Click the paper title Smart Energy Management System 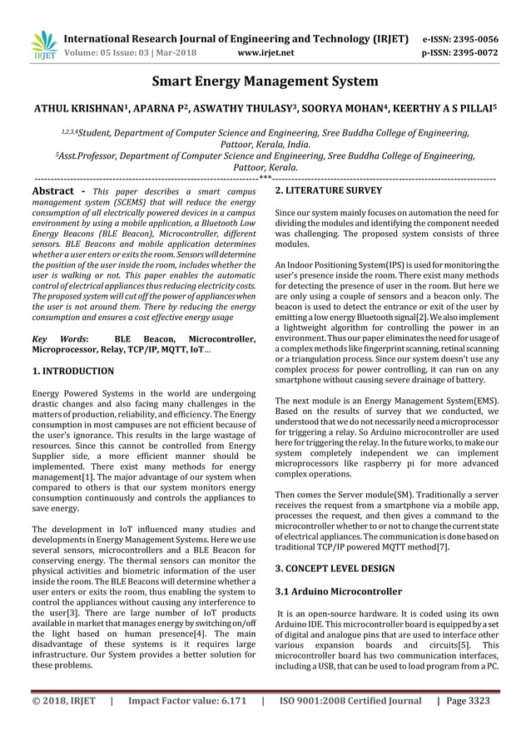click(x=265, y=81)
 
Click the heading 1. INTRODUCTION click(x=72, y=371)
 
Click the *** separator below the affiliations click(x=265, y=177)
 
